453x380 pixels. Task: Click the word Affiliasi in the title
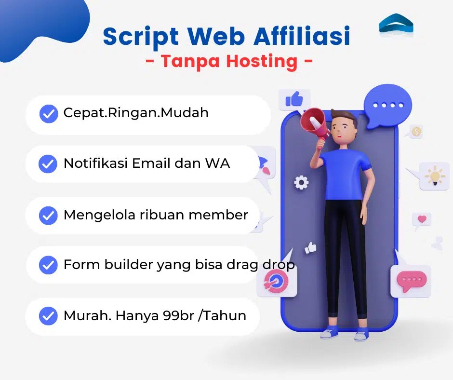point(302,36)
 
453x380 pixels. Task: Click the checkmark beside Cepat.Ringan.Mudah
point(49,114)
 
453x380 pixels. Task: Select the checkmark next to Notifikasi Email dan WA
point(48,164)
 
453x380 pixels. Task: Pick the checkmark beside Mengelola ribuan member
point(48,216)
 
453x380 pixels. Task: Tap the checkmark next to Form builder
point(48,265)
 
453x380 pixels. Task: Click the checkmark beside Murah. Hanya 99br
point(48,316)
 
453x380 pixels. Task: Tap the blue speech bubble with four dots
point(387,106)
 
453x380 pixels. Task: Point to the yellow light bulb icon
point(435,176)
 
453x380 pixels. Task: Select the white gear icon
point(301,182)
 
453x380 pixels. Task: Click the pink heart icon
point(422,219)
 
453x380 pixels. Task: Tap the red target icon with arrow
point(276,281)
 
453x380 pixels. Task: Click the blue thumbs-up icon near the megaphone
point(294,99)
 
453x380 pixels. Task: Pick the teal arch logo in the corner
point(396,23)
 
